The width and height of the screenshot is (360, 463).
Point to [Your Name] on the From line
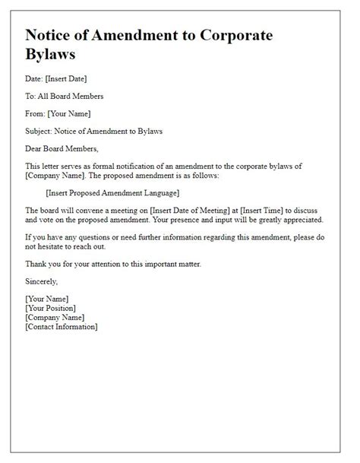click(68, 113)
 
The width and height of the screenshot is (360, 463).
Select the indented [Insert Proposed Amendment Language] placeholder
click(112, 192)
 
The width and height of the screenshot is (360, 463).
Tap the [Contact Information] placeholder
click(61, 326)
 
